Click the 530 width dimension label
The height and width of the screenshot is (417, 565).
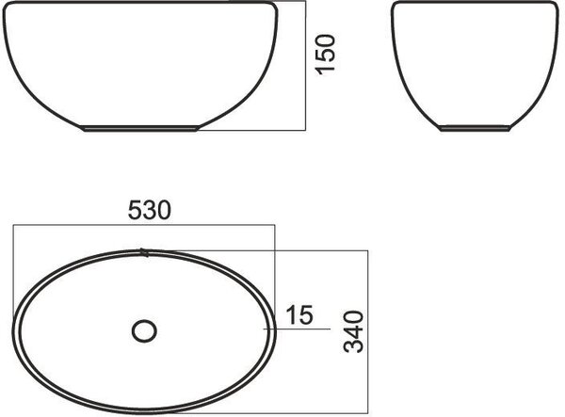pos(150,210)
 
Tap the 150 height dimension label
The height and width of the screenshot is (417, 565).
pos(326,55)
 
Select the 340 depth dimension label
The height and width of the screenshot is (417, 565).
pos(353,331)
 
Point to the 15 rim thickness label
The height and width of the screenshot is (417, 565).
pos(299,314)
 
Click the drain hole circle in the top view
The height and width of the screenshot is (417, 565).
pos(144,331)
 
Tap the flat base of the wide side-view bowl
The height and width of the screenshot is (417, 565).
pos(140,128)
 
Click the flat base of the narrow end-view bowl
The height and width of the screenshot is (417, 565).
pos(475,129)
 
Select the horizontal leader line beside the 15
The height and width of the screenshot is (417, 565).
pos(297,329)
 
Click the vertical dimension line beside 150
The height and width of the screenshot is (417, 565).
pos(305,66)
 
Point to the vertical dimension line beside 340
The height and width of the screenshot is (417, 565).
pos(368,331)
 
